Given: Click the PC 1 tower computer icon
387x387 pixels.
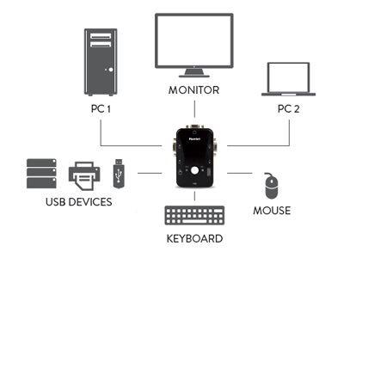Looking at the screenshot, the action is (101, 62).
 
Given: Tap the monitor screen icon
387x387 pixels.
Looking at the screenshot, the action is (194, 46).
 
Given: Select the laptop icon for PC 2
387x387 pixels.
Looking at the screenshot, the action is (288, 79).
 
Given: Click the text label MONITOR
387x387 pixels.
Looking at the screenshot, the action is (193, 90).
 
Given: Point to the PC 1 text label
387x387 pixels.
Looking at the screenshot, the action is (101, 108).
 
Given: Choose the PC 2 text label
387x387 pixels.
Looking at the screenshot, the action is (288, 108).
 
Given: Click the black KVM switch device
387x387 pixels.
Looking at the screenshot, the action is (194, 157).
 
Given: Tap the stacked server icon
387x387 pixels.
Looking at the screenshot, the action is (41, 174).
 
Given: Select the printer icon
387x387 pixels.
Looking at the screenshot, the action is (84, 175).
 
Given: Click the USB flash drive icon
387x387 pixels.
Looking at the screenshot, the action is (119, 174).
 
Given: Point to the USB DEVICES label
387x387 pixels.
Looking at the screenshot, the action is (79, 202).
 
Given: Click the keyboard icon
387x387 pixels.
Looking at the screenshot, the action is (194, 215).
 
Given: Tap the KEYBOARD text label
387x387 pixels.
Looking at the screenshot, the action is (194, 238).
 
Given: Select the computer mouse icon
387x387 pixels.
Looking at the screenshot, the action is (271, 186).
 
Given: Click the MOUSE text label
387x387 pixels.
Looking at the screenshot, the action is (272, 211).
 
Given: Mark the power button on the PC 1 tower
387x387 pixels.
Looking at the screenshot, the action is (111, 70).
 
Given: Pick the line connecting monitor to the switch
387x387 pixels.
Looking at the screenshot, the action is (194, 109).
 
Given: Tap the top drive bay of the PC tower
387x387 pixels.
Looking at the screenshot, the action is (101, 36).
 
